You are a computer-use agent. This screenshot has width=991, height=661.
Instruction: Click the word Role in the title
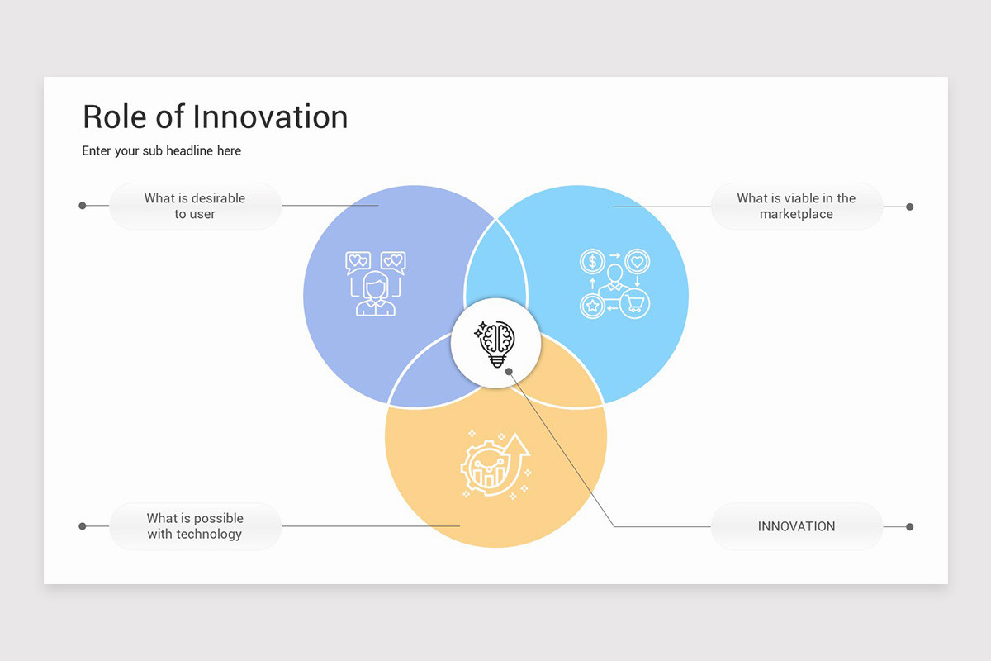click(x=116, y=117)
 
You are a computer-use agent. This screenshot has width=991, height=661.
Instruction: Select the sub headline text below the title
click(x=162, y=150)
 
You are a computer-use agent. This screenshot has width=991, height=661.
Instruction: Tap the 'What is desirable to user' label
click(x=195, y=206)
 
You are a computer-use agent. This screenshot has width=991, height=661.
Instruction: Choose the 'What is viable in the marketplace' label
click(x=796, y=206)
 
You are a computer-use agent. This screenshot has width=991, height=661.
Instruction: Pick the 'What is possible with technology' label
click(x=195, y=526)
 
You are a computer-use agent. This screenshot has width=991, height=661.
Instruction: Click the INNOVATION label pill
click(x=796, y=526)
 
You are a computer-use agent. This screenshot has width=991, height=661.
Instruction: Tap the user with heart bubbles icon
click(x=376, y=283)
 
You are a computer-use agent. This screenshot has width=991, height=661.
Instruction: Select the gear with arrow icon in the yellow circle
click(x=495, y=464)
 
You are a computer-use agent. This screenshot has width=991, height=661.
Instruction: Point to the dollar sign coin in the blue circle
click(x=592, y=262)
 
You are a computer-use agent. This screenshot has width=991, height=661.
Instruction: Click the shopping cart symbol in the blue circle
click(x=636, y=304)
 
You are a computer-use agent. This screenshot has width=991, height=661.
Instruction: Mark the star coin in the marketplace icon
click(x=592, y=306)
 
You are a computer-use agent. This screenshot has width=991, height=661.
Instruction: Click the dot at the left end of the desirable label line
click(x=83, y=206)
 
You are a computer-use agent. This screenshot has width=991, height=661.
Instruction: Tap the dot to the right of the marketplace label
click(x=909, y=207)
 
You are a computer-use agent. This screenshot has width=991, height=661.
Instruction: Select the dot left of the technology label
click(x=83, y=526)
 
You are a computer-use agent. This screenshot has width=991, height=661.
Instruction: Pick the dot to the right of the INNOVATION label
click(x=909, y=526)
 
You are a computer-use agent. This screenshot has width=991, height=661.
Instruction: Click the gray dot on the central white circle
click(x=510, y=371)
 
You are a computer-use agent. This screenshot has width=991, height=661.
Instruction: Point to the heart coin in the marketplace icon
click(x=637, y=262)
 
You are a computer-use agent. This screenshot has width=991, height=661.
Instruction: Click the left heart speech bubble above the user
click(x=357, y=262)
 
